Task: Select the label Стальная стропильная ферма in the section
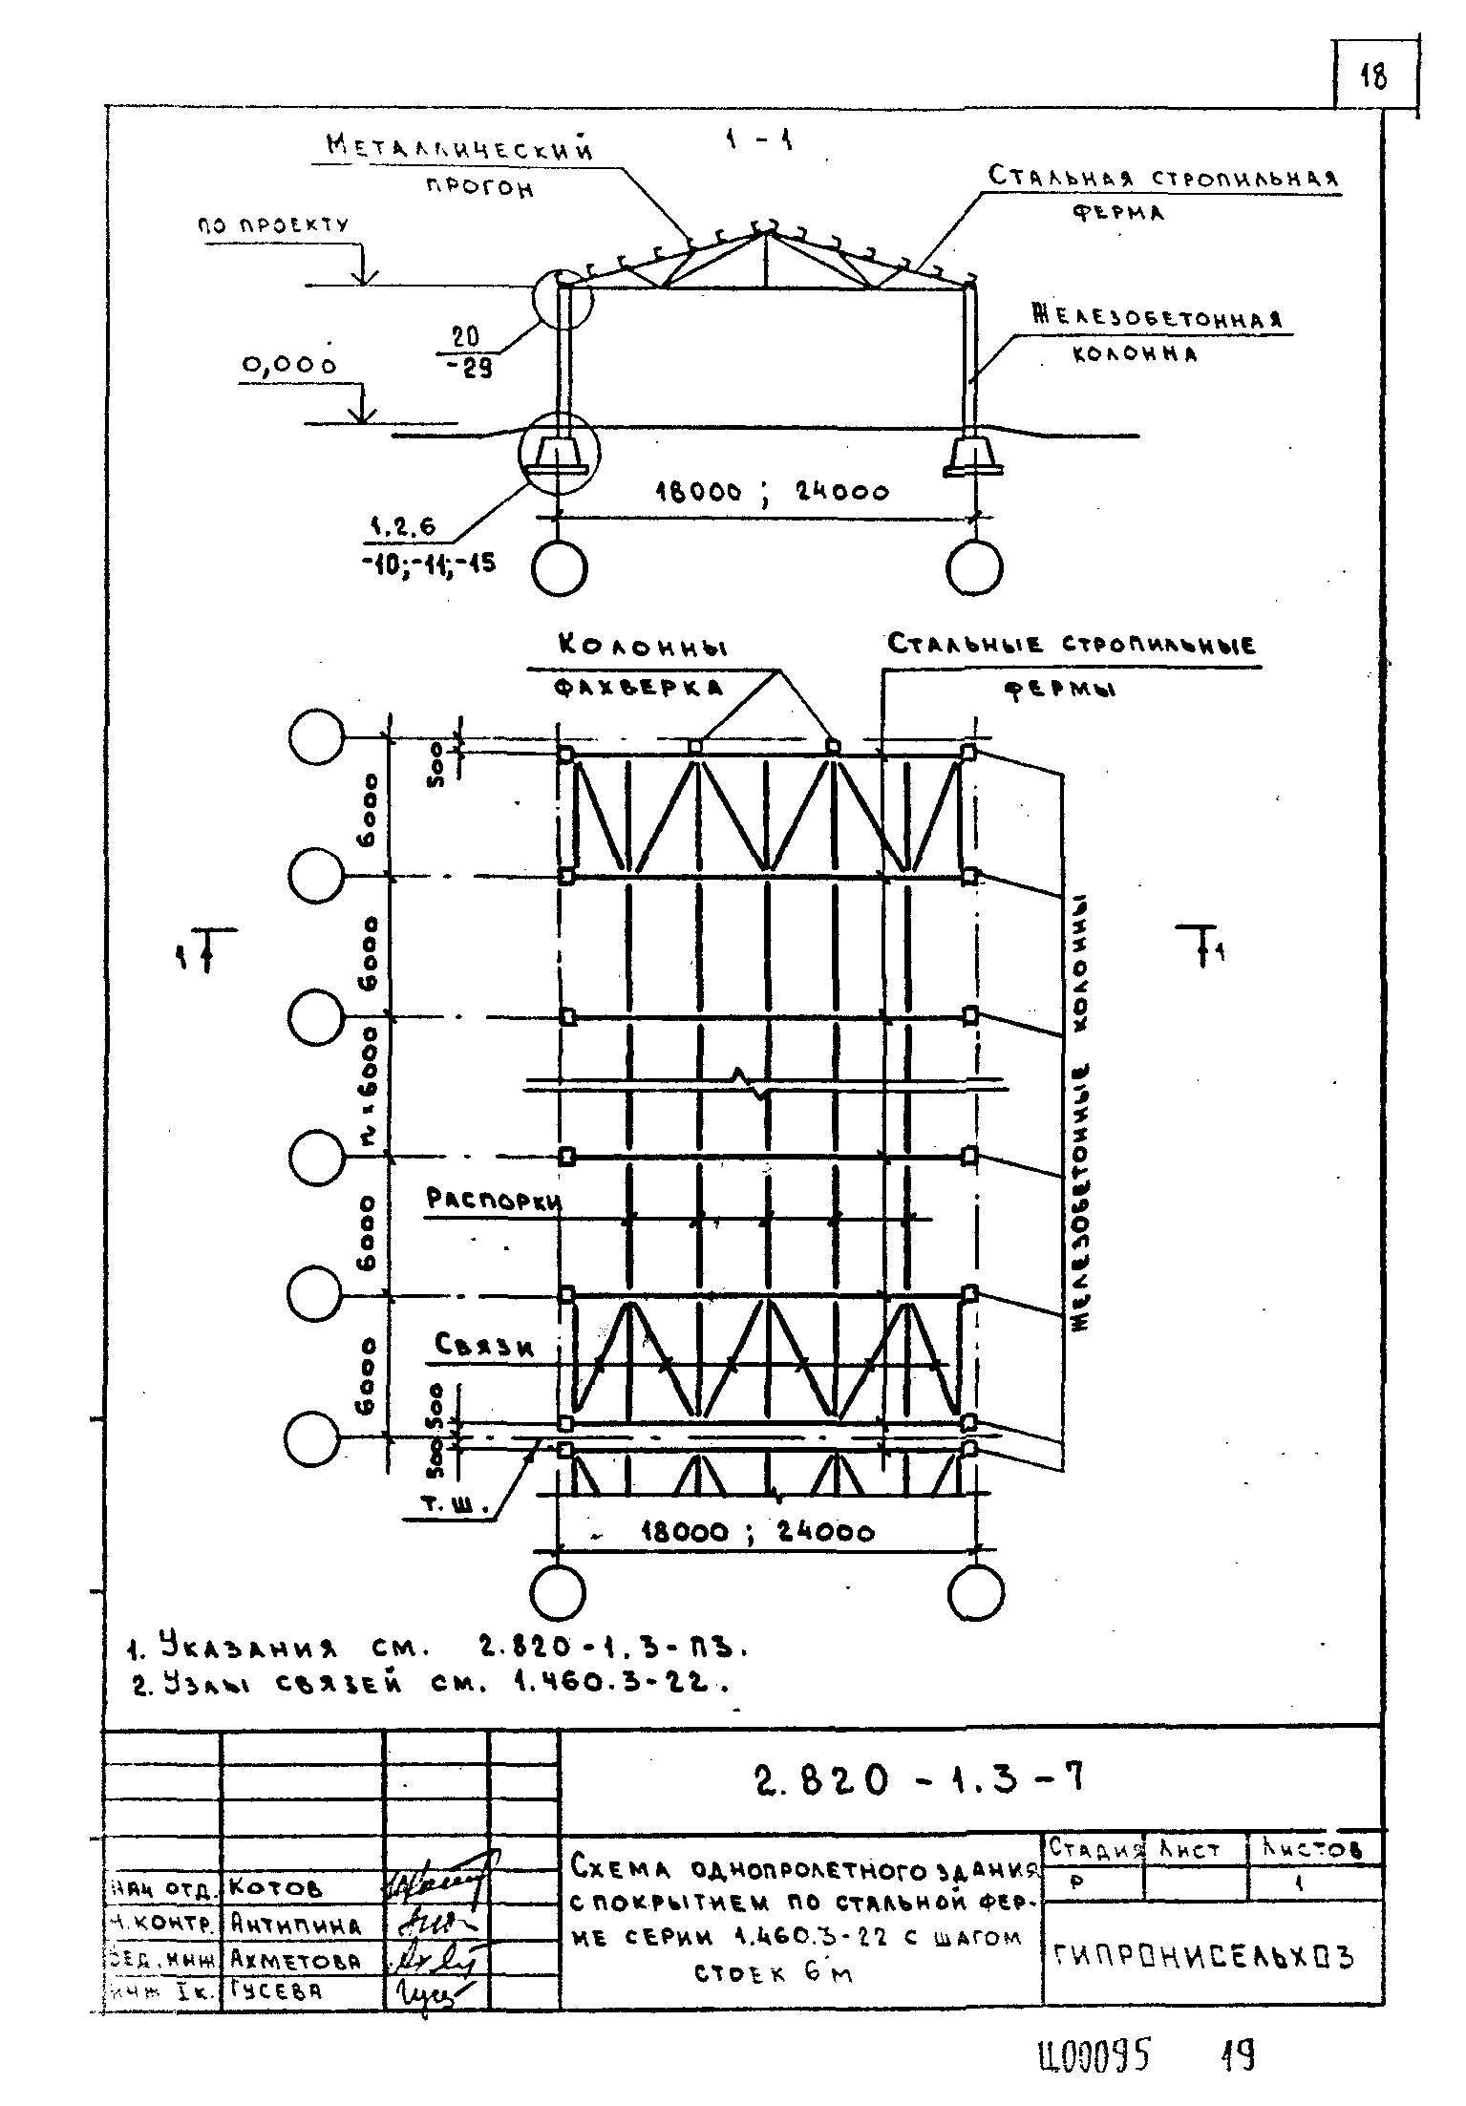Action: click(x=1163, y=191)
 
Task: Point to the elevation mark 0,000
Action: click(x=288, y=365)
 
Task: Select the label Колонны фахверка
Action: click(x=641, y=667)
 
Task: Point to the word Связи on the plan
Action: click(x=483, y=1345)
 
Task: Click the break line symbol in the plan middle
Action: click(x=753, y=1084)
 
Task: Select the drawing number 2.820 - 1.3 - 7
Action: click(x=919, y=1777)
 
